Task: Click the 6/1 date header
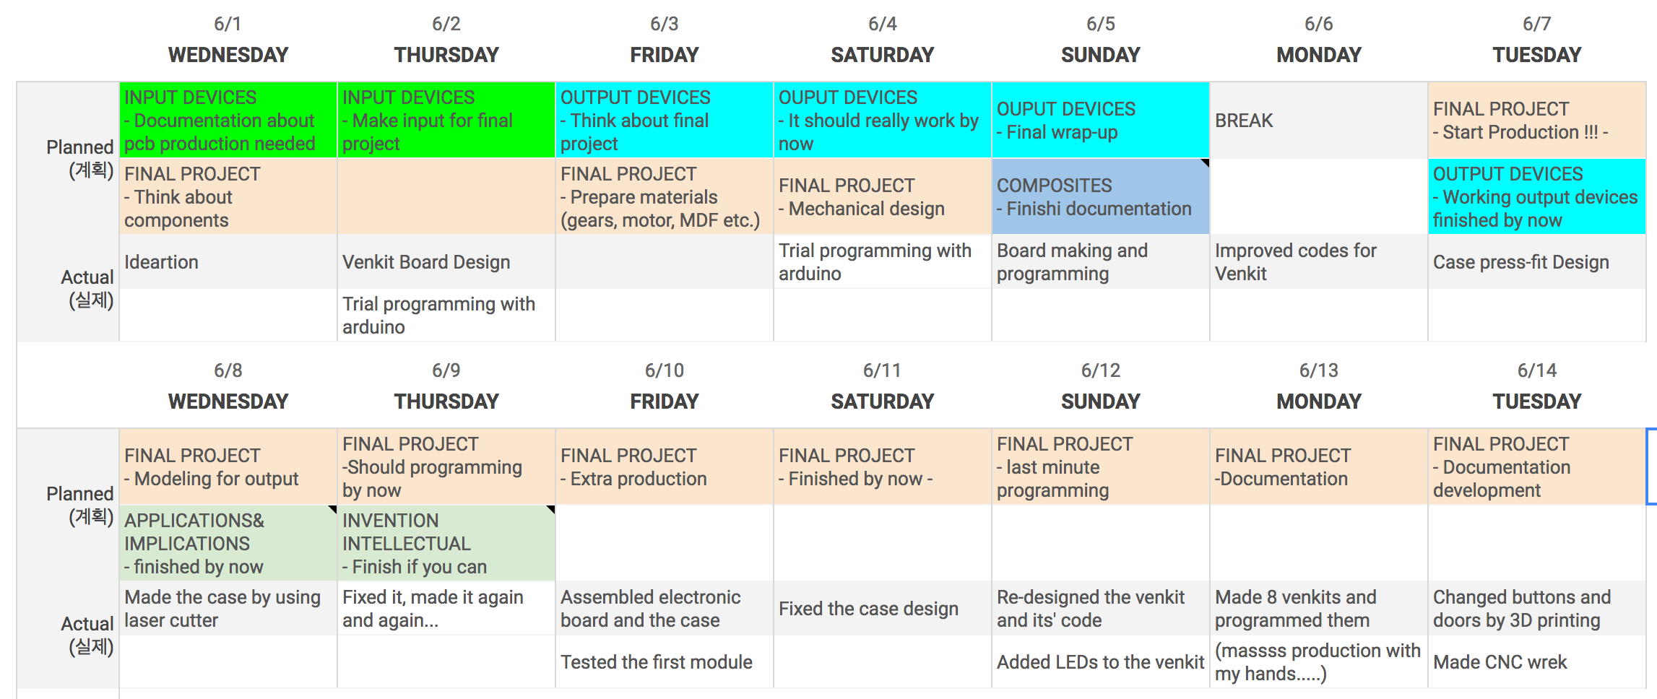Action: [x=228, y=24]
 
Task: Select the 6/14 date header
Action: [x=1537, y=370]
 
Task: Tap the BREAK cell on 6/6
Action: [x=1318, y=121]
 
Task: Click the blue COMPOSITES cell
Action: [x=1100, y=196]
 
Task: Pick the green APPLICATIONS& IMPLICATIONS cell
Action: [x=228, y=543]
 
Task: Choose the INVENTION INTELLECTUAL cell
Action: [x=446, y=543]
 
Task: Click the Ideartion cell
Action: [x=228, y=262]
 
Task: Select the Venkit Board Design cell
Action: [x=446, y=262]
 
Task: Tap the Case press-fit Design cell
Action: [x=1536, y=262]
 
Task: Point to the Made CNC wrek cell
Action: [x=1536, y=662]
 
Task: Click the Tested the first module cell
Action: [x=665, y=662]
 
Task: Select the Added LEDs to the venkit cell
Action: [x=1100, y=662]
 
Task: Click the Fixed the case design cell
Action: [x=882, y=609]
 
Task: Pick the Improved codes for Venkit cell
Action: [x=1318, y=262]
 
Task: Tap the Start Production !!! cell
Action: [x=1536, y=121]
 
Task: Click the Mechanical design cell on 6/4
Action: [x=882, y=196]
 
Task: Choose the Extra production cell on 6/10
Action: [x=665, y=467]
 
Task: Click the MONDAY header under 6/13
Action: [x=1318, y=401]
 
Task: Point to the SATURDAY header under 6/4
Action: [x=882, y=55]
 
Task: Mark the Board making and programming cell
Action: [x=1100, y=262]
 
